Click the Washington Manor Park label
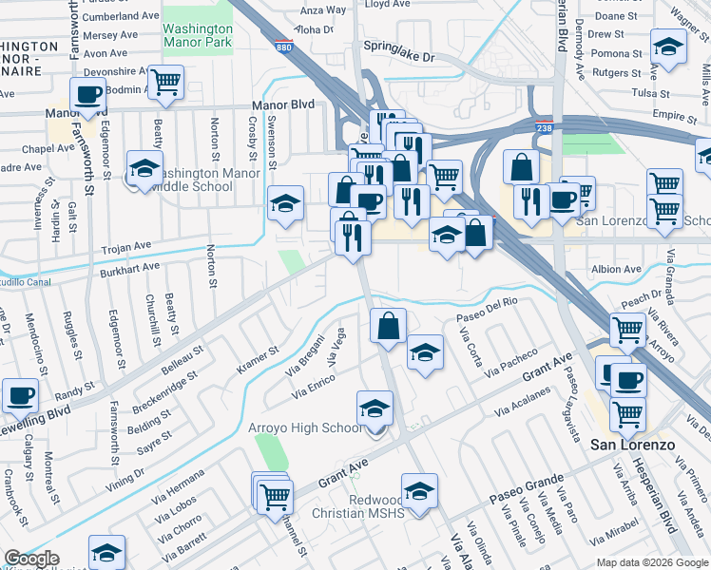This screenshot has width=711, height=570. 198,35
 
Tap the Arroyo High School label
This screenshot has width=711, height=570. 304,428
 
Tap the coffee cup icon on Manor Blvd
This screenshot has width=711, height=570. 88,95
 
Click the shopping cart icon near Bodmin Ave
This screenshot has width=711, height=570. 166,83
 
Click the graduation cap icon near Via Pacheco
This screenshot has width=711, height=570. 425,352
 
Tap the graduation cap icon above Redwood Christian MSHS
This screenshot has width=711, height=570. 419,490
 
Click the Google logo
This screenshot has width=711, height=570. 31,560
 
